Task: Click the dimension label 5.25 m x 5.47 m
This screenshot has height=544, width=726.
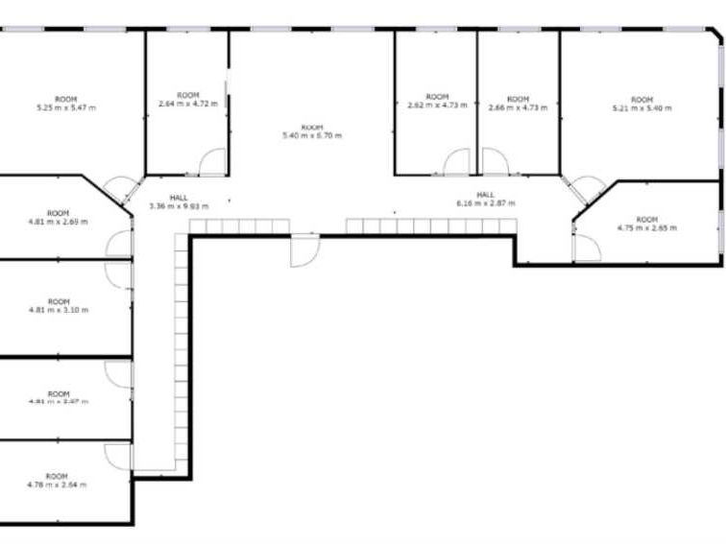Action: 65,107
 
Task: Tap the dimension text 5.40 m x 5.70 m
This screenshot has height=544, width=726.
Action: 312,136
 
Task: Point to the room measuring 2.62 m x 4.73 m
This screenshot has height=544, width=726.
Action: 437,106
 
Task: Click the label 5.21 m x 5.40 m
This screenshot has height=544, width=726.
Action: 641,108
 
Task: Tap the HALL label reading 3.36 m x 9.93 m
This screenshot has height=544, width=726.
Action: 179,205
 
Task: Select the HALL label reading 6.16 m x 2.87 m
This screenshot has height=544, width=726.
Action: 486,203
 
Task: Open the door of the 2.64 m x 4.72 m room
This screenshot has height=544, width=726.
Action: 211,163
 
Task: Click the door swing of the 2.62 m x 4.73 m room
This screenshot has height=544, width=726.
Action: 457,163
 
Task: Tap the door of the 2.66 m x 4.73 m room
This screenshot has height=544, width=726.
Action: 495,163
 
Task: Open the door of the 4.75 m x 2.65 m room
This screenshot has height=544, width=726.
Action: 586,247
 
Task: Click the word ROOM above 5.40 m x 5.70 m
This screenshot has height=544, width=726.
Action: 312,128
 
